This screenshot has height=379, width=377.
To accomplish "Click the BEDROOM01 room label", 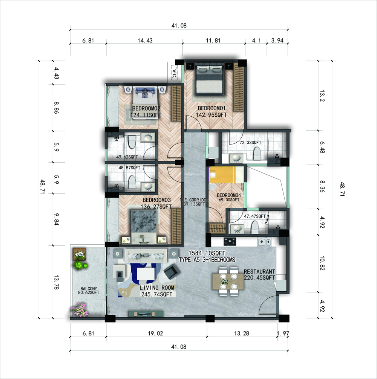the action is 211,108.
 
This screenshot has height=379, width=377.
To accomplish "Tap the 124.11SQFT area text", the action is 146,115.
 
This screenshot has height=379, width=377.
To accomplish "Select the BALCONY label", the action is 89,289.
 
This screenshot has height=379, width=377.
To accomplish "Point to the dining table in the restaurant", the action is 228,282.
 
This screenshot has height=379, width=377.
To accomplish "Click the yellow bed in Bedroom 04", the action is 227,175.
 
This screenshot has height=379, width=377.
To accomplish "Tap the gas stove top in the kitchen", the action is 230,241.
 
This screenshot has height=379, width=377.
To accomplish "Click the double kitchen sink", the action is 264,242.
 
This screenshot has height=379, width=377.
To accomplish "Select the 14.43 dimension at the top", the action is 145,41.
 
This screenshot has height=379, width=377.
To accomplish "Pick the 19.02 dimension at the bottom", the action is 155,333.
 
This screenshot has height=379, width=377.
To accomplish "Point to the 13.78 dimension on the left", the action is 56,282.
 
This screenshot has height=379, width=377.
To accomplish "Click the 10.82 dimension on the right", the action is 322,263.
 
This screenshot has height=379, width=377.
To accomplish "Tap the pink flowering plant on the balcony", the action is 80,309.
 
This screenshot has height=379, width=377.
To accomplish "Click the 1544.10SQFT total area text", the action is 207,253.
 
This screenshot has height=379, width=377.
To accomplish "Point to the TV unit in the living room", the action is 146,314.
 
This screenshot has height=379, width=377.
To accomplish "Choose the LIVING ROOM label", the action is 157,288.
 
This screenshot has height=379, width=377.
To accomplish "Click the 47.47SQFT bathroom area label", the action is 255,216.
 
